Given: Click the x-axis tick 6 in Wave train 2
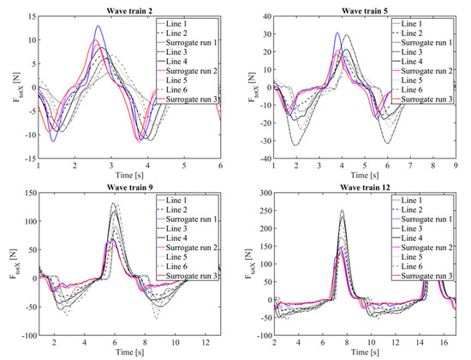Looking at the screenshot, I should [220, 165].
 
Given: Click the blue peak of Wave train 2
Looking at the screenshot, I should [99, 27].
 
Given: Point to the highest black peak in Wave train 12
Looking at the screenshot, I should [343, 210].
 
